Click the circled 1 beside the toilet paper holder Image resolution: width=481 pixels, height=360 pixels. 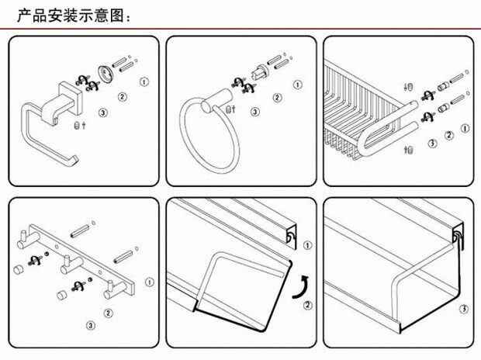tap(144, 81)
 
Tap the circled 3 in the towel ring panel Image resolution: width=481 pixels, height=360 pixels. tap(254, 112)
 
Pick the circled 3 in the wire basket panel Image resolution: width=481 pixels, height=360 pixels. tap(432, 144)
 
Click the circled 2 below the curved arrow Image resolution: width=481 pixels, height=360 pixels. tap(308, 306)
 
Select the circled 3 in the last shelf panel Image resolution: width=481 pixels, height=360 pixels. tap(463, 308)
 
